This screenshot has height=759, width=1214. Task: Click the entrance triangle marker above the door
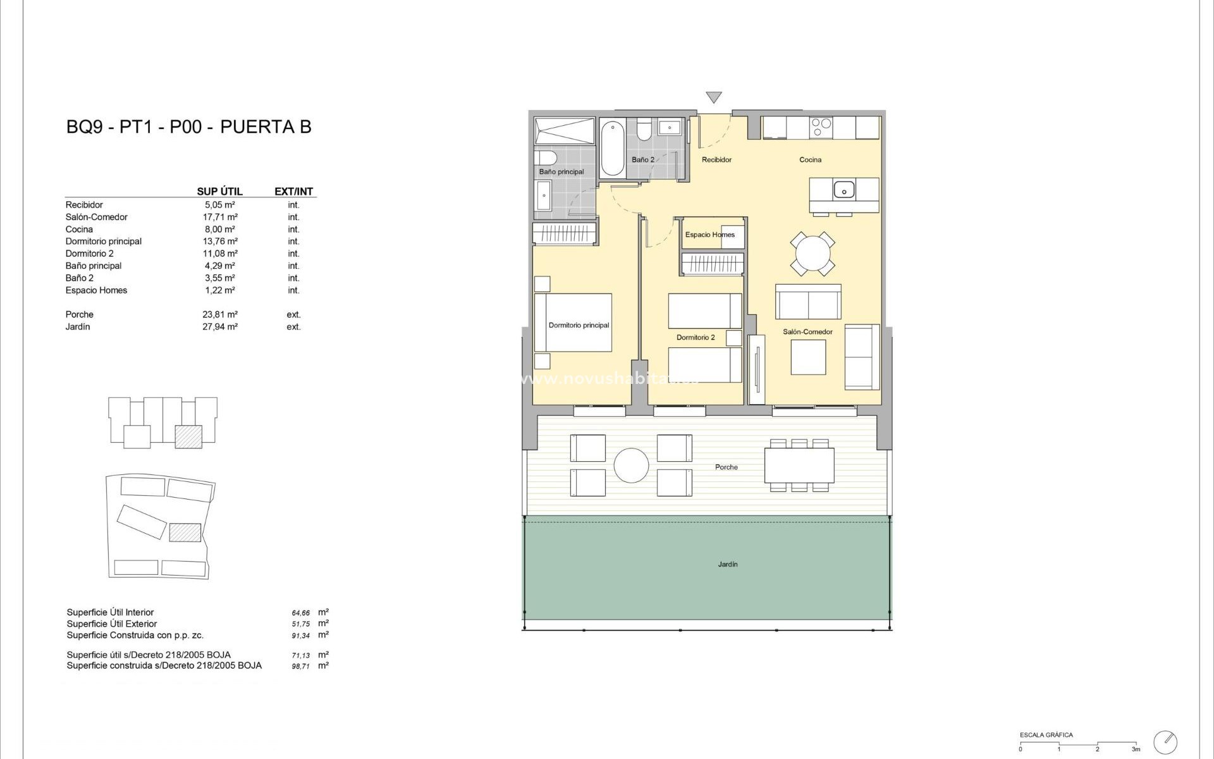click(714, 97)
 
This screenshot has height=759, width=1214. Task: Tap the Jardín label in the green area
click(728, 564)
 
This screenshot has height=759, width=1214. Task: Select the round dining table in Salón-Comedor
click(812, 254)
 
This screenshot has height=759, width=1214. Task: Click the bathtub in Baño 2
click(612, 149)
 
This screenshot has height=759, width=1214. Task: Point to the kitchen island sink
click(843, 189)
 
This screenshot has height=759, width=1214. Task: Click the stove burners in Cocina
click(821, 127)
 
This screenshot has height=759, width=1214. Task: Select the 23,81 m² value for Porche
click(219, 314)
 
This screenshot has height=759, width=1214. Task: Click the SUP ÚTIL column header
click(219, 191)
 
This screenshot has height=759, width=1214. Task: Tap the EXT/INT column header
click(293, 191)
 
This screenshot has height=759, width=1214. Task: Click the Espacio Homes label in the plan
click(709, 235)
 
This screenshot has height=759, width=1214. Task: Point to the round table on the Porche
click(631, 466)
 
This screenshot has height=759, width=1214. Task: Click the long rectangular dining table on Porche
click(799, 465)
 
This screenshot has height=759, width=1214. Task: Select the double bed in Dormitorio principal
click(573, 323)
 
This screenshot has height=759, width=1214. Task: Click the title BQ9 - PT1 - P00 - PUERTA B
click(188, 126)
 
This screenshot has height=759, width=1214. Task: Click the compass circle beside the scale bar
click(1165, 742)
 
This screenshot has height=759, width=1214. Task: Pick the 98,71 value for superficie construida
click(300, 667)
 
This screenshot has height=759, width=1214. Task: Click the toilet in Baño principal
click(545, 157)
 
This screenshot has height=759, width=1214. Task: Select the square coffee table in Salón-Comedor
click(808, 357)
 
